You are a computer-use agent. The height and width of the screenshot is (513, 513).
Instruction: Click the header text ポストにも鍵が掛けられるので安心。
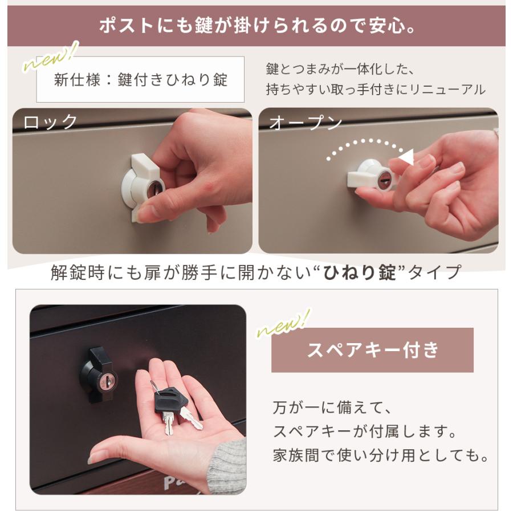(x=256, y=26)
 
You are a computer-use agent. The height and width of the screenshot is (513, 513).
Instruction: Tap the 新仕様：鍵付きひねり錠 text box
(x=140, y=79)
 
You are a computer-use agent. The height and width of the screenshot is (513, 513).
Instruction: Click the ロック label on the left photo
(x=50, y=122)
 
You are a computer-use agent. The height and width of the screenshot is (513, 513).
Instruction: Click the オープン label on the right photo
(x=306, y=123)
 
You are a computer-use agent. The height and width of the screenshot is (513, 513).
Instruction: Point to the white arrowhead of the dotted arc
(x=406, y=157)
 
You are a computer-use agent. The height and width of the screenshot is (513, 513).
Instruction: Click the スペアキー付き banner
(x=372, y=350)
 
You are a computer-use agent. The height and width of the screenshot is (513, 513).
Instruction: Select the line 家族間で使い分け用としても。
(x=381, y=457)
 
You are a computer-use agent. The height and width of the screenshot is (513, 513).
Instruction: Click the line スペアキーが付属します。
(x=365, y=432)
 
